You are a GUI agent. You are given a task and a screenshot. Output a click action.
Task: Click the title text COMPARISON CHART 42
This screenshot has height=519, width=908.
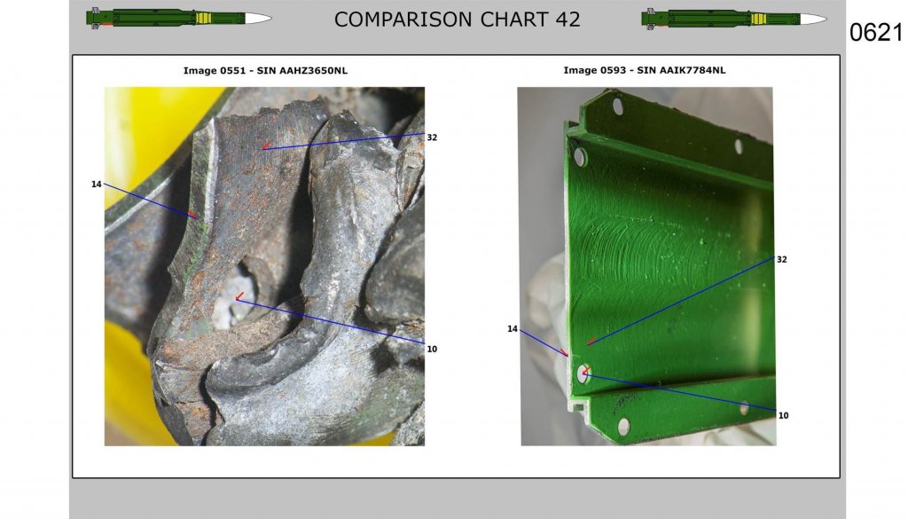tap(457, 20)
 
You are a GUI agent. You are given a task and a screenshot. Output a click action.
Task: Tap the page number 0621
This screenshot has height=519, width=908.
tap(875, 33)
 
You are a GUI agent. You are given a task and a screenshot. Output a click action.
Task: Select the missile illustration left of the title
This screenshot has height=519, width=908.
tap(179, 18)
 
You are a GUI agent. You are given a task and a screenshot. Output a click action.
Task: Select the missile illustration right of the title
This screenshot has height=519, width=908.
tap(734, 19)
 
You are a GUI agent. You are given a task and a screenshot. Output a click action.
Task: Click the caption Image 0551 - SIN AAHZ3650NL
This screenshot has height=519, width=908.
tap(265, 71)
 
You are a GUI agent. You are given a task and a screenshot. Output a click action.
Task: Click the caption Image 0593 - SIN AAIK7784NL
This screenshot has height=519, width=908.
tap(645, 70)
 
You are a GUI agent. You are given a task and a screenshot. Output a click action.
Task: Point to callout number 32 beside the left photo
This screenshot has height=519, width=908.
tap(432, 138)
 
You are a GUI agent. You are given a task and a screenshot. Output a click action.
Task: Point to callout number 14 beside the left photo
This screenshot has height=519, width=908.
tap(96, 185)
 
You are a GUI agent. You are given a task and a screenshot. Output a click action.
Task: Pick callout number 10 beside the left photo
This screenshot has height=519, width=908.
tap(432, 349)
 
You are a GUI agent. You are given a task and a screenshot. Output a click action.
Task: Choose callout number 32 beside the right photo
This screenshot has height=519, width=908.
tap(782, 259)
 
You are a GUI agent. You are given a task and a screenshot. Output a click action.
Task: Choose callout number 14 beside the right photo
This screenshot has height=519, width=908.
tap(513, 329)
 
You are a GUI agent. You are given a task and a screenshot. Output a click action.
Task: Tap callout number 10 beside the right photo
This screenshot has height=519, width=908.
tap(784, 415)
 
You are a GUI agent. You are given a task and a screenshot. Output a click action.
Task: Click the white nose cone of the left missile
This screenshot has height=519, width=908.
tap(258, 19)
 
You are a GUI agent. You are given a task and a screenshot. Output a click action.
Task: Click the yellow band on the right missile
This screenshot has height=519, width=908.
tap(759, 20)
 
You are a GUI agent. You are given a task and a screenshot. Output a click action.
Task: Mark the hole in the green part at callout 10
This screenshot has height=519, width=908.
tap(583, 374)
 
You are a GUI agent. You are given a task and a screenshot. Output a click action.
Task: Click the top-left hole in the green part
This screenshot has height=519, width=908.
tap(618, 106)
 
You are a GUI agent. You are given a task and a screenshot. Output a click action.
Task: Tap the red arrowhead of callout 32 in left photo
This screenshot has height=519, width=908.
tap(266, 146)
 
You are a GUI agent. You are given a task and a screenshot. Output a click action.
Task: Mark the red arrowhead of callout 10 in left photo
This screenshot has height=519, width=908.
tap(239, 296)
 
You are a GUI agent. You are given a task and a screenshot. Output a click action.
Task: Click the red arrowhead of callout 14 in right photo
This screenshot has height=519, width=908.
tap(565, 353)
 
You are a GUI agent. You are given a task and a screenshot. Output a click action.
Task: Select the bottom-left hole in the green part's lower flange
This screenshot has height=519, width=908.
tap(623, 427)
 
